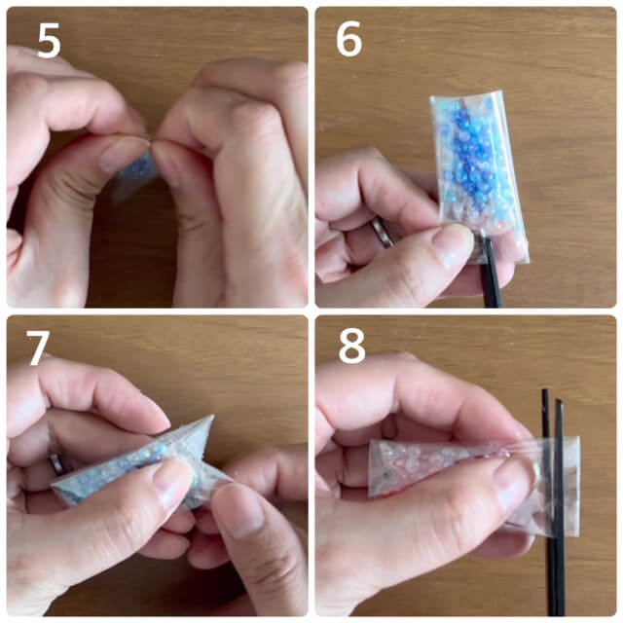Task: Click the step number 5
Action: (50, 42)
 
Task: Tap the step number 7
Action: (39, 347)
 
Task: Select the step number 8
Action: (350, 347)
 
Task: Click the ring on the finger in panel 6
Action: (382, 232)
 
